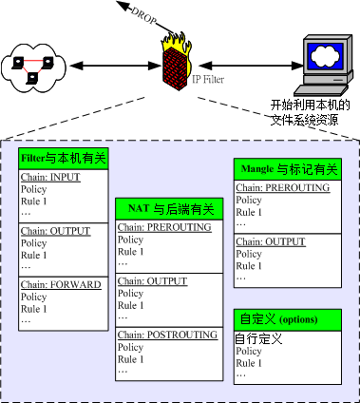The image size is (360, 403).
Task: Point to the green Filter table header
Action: pos(65,159)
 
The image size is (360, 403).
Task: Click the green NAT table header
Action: pos(165,208)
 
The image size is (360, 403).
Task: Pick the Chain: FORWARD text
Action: pos(59,284)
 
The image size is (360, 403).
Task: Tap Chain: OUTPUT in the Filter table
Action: pos(54,231)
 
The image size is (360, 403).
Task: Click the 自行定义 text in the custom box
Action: pos(257,336)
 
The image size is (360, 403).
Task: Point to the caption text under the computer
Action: pos(310,109)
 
